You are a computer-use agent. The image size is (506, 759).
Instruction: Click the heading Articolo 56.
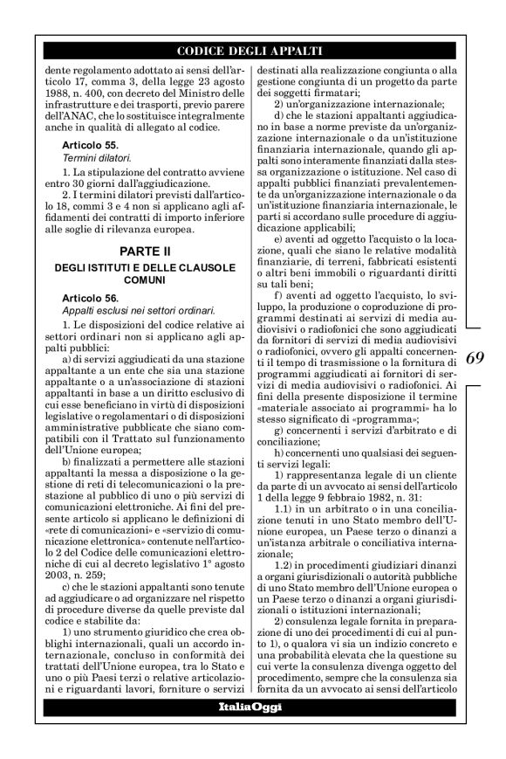(x=96, y=298)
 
